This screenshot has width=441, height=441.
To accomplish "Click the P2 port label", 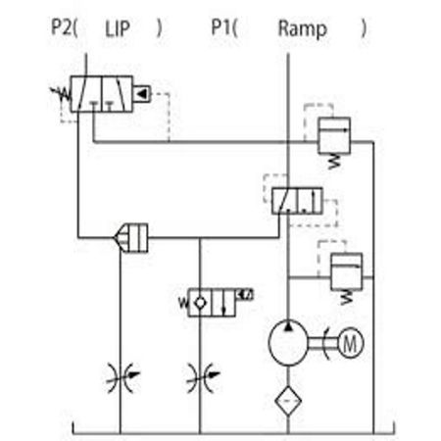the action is tap(61, 27).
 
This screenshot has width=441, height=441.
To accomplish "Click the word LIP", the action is tap(118, 28).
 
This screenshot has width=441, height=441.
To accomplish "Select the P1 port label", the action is tap(220, 27).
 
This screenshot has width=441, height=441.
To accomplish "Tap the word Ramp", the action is tap(302, 29).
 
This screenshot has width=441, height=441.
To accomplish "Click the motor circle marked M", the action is tap(350, 343).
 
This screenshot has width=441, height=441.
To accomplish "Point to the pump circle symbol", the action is tap(288, 343).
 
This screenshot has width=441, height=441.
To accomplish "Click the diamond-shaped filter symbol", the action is tap(288, 401).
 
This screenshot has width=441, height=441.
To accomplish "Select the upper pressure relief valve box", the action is tap(334, 135).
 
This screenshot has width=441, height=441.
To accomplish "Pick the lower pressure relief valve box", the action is tap(346, 271).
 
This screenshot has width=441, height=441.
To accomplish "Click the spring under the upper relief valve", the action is tap(334, 162).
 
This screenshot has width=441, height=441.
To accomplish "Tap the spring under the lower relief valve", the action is tap(347, 297).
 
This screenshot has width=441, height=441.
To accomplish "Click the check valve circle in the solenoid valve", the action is tap(200, 303).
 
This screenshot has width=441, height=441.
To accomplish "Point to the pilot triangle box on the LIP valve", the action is tap(141, 94).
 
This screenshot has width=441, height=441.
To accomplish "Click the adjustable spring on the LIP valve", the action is tap(61, 94).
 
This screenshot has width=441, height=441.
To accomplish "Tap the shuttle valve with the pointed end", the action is tap(130, 238).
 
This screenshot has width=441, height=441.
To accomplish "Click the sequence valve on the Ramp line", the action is tap(297, 201).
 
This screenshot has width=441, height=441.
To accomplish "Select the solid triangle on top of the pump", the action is tap(288, 325).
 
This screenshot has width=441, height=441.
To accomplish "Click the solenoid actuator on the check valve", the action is tap(245, 295).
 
